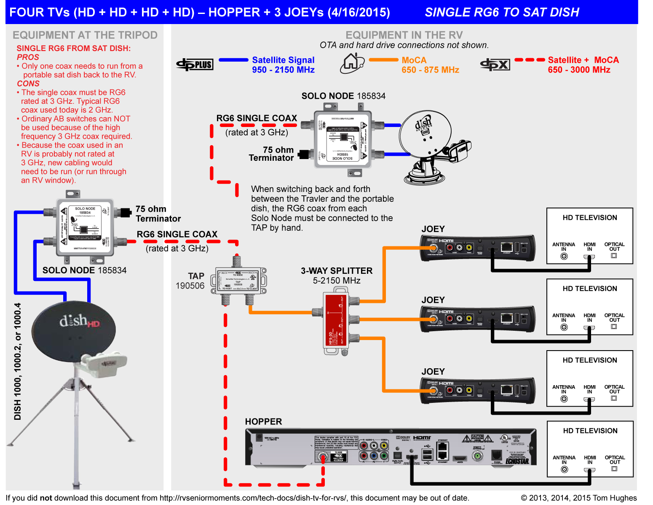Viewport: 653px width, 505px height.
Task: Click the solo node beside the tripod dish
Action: tap(85, 227)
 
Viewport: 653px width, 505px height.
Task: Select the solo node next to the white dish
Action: tap(343, 140)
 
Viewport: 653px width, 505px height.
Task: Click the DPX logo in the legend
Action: tap(495, 65)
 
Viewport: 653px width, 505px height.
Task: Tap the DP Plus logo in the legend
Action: tap(195, 65)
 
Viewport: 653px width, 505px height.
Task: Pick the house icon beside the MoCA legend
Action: tap(352, 63)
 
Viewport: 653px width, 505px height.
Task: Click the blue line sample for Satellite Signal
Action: tap(233, 60)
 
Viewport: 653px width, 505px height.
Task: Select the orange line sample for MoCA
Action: tap(383, 60)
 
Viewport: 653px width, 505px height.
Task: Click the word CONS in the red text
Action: tap(28, 84)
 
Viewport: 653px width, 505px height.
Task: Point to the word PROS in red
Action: tap(28, 57)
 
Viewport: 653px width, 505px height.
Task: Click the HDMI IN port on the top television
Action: tap(589, 256)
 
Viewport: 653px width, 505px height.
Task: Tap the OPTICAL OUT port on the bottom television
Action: tap(614, 469)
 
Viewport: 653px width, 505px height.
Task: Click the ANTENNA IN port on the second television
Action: tap(564, 327)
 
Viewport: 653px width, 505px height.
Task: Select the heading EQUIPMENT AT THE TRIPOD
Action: tap(85, 35)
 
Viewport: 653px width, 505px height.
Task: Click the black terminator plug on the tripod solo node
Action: tap(125, 213)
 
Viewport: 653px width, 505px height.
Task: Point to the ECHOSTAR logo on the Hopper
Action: tap(517, 461)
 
